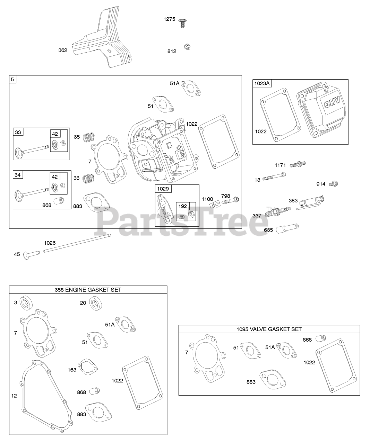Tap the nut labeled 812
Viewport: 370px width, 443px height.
coord(187,47)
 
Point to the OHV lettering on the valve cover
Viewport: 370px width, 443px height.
coord(332,103)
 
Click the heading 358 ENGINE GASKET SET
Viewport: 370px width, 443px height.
coord(88,290)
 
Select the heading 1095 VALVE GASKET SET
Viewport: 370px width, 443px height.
coord(269,329)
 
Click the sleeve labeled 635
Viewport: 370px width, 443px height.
coord(287,228)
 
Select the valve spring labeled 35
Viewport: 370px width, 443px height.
coord(89,137)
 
